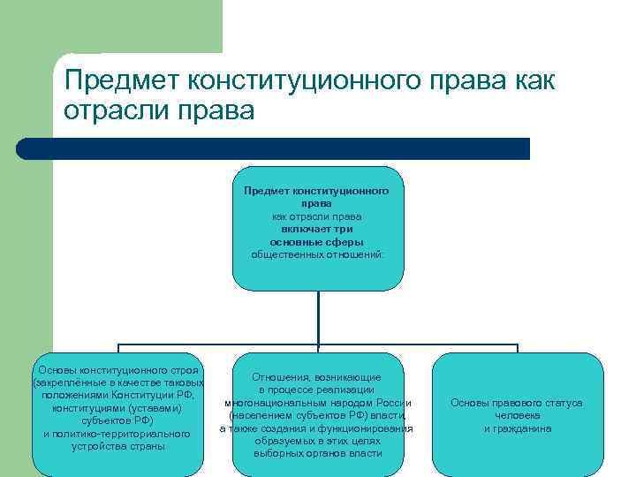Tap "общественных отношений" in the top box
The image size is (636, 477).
(317, 254)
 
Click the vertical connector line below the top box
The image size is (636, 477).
(317, 318)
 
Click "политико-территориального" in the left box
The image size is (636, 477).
(117, 434)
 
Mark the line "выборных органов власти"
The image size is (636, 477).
(317, 453)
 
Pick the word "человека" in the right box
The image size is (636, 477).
(517, 415)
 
